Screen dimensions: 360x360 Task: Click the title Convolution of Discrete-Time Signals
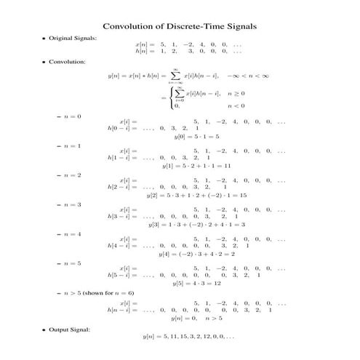pos(180,25)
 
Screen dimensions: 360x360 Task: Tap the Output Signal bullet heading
pos(69,330)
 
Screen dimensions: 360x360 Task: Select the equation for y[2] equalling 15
pos(197,195)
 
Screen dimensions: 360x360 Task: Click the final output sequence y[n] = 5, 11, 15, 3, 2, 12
pos(188,337)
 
